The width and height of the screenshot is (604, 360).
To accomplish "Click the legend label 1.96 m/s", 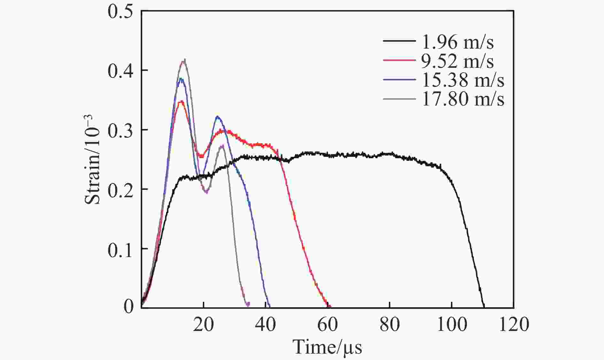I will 458,42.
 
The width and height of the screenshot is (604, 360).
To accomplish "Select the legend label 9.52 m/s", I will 458,61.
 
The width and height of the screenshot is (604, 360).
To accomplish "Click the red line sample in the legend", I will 399,60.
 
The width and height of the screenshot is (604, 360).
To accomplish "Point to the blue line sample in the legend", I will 399,79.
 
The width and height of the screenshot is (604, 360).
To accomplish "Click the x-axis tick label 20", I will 204,324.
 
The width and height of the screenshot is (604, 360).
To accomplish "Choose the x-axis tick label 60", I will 328,324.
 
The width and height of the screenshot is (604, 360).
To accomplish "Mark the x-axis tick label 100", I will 452,324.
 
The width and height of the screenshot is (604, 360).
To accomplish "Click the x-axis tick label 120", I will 514,324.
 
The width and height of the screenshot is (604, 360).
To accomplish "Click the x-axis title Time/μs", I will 328,347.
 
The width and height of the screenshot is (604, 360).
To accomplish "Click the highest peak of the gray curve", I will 184,60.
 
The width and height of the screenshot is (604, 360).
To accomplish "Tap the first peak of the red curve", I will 181,102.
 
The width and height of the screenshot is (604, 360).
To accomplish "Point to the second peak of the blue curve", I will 218,117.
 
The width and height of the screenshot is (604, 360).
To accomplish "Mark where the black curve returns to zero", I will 484,307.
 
